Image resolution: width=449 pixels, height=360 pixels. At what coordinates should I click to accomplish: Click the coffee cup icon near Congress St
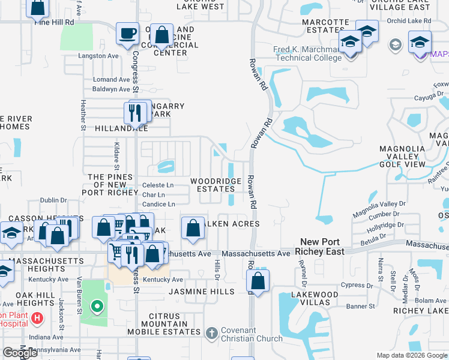(x=127, y=34)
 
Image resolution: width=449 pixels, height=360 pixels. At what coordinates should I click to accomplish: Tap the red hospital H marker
(x=38, y=317)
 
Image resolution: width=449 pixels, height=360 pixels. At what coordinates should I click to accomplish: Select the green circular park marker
(x=97, y=308)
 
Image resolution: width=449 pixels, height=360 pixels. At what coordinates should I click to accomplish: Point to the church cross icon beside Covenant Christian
(x=211, y=333)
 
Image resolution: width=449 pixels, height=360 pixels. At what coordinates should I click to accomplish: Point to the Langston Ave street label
(x=98, y=56)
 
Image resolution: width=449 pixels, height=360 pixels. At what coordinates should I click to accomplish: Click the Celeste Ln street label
(x=157, y=185)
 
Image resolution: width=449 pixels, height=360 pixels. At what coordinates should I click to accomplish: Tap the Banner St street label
(x=360, y=307)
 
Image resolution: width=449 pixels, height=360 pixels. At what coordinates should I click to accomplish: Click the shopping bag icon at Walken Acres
(x=192, y=228)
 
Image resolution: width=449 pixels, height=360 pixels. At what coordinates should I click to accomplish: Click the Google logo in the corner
(x=20, y=353)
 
